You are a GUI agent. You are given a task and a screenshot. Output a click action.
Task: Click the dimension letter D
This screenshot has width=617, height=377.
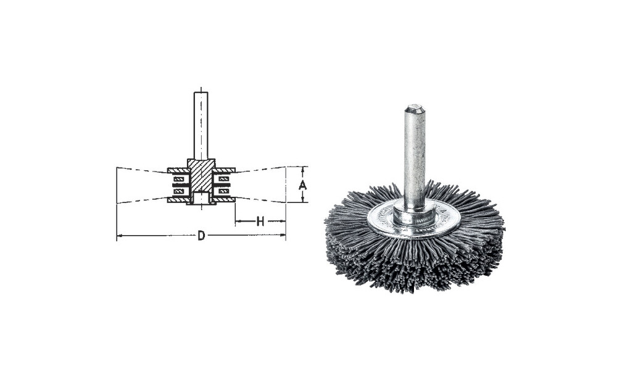coord(201,236)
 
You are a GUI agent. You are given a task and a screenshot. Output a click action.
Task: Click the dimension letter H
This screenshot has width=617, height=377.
coord(260,222)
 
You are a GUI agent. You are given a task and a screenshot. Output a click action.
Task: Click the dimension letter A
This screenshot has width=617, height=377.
coord(302,184)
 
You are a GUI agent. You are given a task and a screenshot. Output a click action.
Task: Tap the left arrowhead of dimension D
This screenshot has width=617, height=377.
coord(120,236)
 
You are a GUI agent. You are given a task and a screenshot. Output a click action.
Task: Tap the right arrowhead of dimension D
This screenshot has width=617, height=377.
coord(283,236)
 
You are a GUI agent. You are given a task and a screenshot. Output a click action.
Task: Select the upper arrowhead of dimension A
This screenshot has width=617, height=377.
coord(302,170)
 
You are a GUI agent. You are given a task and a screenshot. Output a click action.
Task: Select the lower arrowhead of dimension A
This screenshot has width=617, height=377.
coord(302,199)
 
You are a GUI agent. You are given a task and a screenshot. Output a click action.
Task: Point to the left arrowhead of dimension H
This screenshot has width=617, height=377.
coord(239,222)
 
